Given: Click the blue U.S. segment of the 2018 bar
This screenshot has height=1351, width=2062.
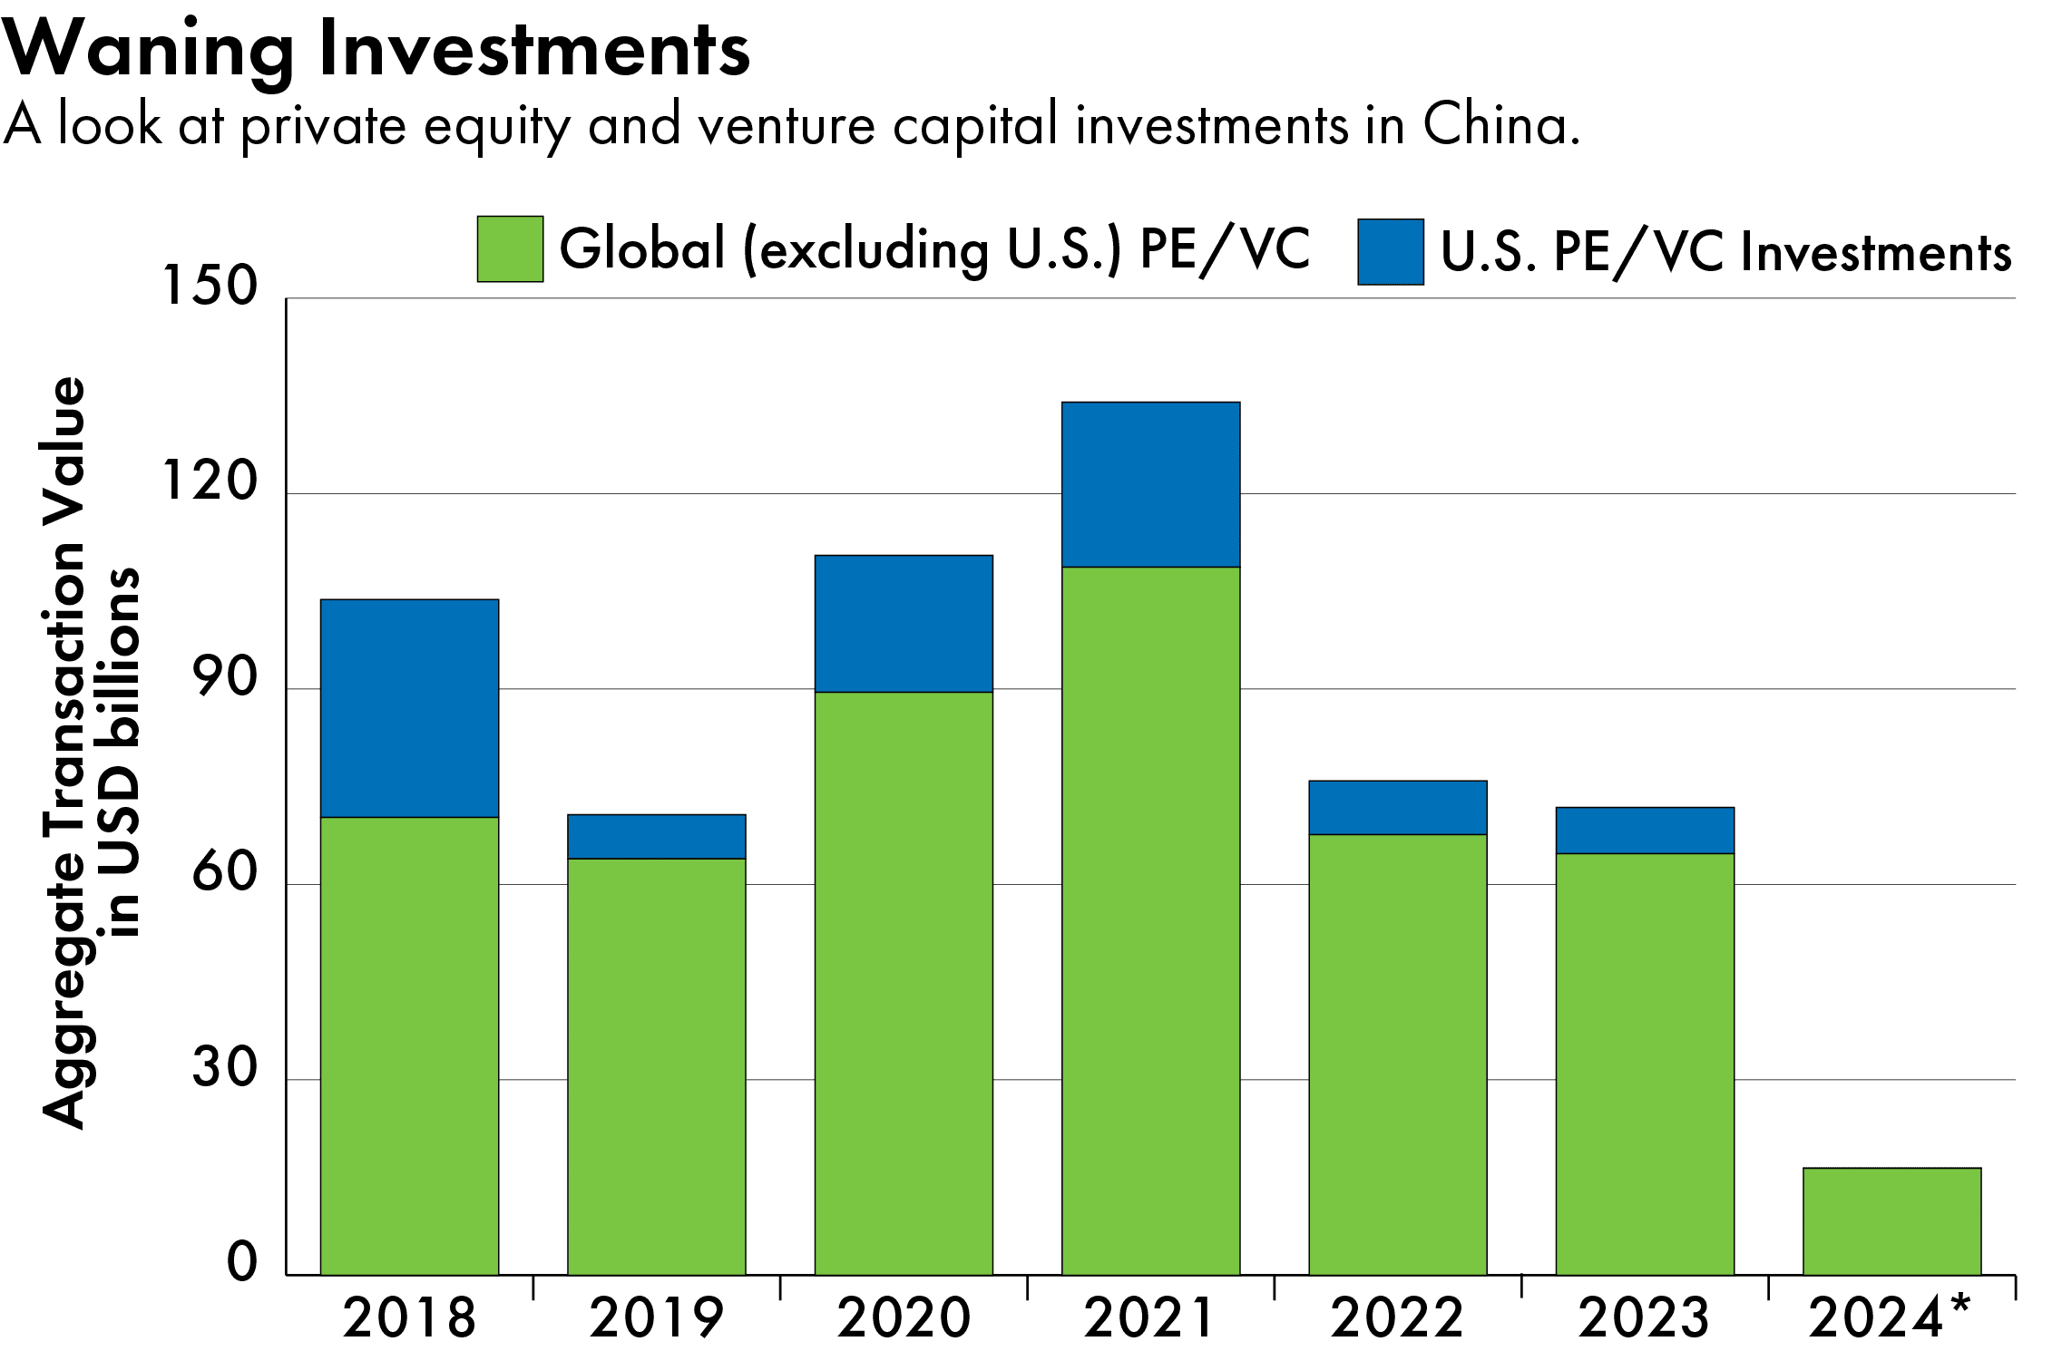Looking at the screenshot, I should [409, 707].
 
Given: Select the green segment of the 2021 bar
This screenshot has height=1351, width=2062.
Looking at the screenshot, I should [1150, 920].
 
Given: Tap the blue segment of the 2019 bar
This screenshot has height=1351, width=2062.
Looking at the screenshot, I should [656, 836].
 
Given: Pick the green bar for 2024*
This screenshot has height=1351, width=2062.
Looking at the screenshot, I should [1891, 1220].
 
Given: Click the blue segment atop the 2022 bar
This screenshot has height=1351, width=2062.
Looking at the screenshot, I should [1397, 807].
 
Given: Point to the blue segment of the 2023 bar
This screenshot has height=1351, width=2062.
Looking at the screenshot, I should [1644, 830].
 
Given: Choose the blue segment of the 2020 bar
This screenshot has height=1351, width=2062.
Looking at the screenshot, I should [904, 623].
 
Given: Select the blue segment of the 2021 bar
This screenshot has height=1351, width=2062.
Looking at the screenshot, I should [1150, 484].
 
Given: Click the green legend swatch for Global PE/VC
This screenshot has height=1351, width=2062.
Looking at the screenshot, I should [510, 248].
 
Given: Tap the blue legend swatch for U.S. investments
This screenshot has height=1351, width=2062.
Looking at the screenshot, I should [1390, 252].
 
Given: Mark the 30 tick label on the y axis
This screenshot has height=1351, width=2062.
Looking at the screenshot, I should [225, 1067].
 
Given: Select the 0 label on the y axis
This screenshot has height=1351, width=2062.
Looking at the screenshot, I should [242, 1262].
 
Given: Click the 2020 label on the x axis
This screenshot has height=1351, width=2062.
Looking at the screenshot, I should [904, 1317].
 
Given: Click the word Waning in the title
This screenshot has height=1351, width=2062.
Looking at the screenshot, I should [148, 50].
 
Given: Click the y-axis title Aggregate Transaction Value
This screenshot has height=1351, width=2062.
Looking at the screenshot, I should [64, 753].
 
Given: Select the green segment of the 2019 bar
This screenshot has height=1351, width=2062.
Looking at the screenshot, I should [656, 1065].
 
